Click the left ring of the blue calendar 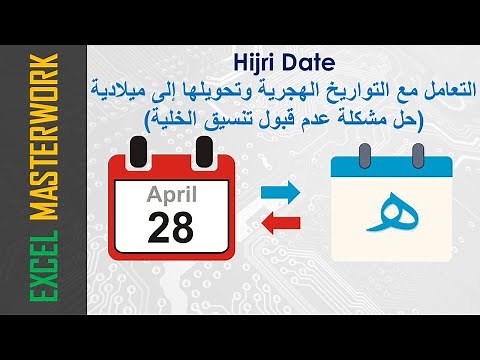click(x=364, y=153)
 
